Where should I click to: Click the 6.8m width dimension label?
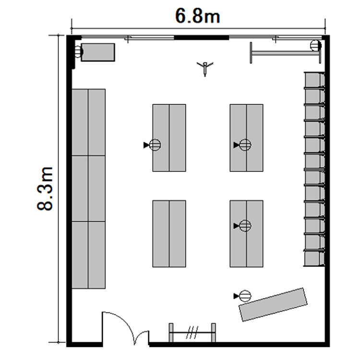pos(197,16)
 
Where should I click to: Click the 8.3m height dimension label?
pos(45,189)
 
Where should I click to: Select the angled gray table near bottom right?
pos(273,304)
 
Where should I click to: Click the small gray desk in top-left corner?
pos(98,52)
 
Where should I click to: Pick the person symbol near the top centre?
pos(205,68)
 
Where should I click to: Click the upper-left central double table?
pos(169,138)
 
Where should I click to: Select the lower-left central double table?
pos(169,234)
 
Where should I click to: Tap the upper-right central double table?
pos(247,138)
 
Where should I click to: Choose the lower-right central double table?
pos(247,234)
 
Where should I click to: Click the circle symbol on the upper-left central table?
pos(155,145)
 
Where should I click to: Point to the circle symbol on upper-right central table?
pos(245,145)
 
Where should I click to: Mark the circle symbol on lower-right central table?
pos(245,226)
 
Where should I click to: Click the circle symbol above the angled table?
pos(245,296)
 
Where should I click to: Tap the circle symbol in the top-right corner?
pos(316,45)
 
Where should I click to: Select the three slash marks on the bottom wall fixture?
pos(192,332)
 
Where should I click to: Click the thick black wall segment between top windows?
pos(202,37)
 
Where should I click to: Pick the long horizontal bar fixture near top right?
pos(286,53)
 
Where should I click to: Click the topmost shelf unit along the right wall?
pos(314,80)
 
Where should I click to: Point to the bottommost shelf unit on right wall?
pos(314,259)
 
